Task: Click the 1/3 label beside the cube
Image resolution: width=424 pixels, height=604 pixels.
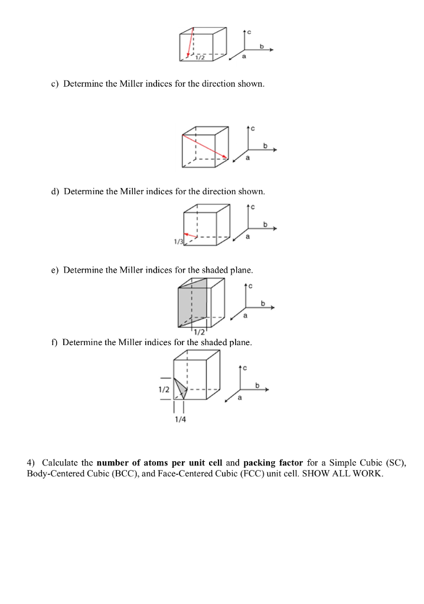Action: tap(178, 241)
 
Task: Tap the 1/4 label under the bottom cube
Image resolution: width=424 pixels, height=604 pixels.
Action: tap(180, 419)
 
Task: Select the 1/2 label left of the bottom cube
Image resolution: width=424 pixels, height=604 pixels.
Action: tap(164, 389)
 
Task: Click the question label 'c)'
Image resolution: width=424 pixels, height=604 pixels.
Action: tap(55, 84)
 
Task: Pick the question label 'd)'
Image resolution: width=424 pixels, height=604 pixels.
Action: tap(55, 192)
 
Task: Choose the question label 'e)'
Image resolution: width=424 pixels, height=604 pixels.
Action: tap(55, 270)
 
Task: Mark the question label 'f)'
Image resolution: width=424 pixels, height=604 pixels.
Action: tap(54, 343)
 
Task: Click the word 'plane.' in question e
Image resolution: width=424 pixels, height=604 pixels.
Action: tap(242, 270)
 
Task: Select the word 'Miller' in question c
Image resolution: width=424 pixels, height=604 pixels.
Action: tap(131, 84)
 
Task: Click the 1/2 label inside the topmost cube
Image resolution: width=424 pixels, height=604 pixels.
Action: tap(200, 57)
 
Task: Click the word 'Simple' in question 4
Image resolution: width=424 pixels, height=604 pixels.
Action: tap(342, 463)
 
